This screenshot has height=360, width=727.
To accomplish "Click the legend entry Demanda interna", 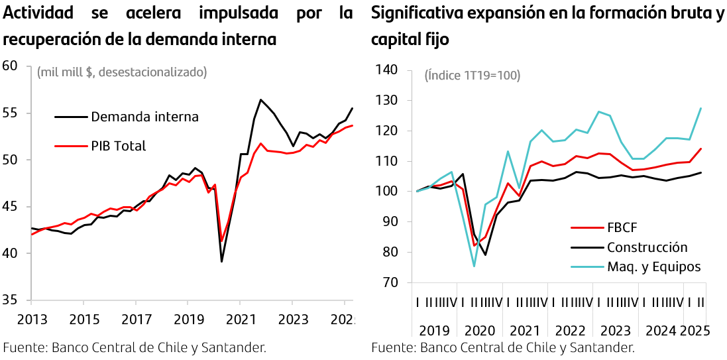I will click(144, 117).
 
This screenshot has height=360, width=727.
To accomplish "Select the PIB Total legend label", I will click(118, 146).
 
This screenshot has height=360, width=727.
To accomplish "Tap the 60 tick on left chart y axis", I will click(10, 66).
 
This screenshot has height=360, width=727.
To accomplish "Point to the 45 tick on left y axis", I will click(10, 206).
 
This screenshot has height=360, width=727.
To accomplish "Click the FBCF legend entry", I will click(622, 228).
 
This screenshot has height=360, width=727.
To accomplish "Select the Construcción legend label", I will click(647, 247).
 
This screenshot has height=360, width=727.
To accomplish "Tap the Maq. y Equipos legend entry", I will click(653, 267).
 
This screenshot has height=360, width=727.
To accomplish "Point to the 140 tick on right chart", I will click(386, 70).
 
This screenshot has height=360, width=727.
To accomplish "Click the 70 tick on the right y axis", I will click(389, 282).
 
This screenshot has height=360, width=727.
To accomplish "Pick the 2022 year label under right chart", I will click(571, 331).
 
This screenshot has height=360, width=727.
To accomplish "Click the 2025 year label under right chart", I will click(695, 331).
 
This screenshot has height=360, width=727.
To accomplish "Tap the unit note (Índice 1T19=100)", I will click(472, 76).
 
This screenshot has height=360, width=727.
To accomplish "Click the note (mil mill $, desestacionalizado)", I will click(122, 72).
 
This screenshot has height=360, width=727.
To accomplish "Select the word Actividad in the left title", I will click(42, 13).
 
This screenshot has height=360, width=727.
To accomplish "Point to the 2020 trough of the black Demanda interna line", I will click(221, 261).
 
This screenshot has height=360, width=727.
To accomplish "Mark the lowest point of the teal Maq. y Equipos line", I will click(474, 267).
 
